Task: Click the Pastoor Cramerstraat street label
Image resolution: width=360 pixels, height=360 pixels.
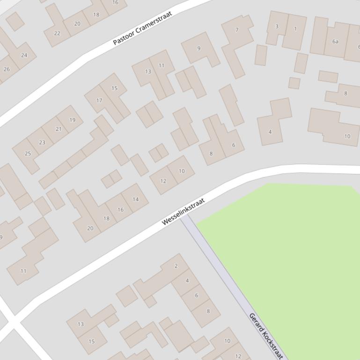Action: [x=142, y=29]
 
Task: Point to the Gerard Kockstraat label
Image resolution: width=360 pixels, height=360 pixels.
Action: [x=266, y=336]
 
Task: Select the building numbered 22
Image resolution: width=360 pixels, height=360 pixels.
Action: [x=57, y=33]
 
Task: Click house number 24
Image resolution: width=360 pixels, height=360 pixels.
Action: [x=24, y=55]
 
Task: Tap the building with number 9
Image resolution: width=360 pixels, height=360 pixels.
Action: [x=199, y=48]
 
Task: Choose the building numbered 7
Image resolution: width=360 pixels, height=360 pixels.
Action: [x=237, y=30]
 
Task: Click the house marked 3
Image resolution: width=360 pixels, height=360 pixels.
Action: [x=277, y=27]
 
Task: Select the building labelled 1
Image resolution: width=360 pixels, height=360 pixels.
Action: [x=295, y=29]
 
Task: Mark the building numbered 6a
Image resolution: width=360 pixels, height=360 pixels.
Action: [x=335, y=42]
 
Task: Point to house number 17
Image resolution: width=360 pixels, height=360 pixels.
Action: [x=99, y=100]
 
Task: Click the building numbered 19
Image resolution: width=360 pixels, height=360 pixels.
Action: [x=72, y=120]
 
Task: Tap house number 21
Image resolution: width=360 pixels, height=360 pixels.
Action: [x=59, y=129]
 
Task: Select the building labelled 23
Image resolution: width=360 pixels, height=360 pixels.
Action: [x=42, y=143]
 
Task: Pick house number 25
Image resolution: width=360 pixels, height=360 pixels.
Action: [x=28, y=153]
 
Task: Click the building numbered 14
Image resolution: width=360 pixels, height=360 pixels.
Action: [x=135, y=199]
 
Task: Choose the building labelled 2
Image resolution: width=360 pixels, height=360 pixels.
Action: [x=176, y=266]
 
